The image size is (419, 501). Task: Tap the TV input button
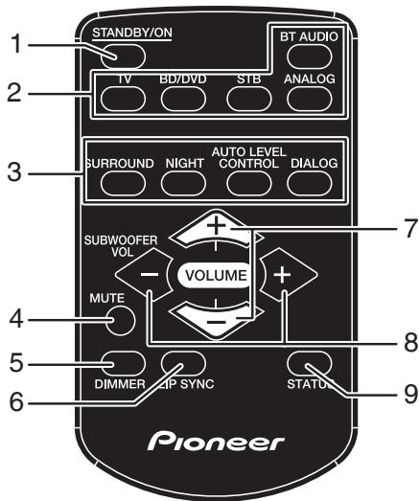pyautogui.click(x=121, y=99)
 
